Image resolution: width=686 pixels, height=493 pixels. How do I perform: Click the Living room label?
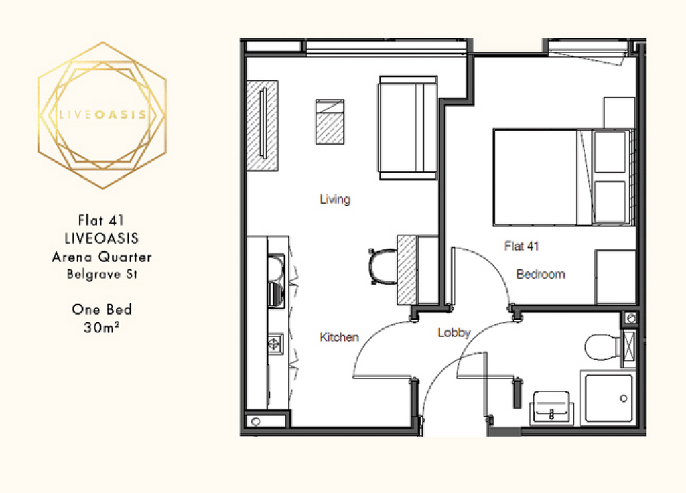pyautogui.click(x=335, y=200)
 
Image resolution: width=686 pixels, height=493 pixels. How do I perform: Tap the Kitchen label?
pyautogui.click(x=339, y=338)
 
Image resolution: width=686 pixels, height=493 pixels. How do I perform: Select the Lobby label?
pyautogui.click(x=454, y=332)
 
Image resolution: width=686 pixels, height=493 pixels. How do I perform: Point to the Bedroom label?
pyautogui.click(x=541, y=274)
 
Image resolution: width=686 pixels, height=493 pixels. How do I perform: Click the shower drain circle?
pyautogui.click(x=624, y=399)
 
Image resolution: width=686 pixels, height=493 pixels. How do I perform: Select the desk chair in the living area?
pyautogui.click(x=383, y=267)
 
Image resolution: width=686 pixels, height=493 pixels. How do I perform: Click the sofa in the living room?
pyautogui.click(x=408, y=128)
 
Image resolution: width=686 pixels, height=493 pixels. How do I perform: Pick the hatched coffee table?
pyautogui.click(x=330, y=122)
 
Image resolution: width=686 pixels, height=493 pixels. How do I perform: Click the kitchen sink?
pyautogui.click(x=276, y=281)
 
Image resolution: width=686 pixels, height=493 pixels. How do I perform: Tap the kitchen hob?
pyautogui.click(x=275, y=344)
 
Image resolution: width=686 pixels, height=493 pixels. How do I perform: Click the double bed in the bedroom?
pyautogui.click(x=564, y=177)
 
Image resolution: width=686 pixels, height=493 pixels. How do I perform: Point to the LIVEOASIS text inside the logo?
pyautogui.click(x=102, y=115)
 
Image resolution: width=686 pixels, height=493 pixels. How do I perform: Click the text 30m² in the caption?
pyautogui.click(x=102, y=327)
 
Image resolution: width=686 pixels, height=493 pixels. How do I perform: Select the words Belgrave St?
pyautogui.click(x=102, y=274)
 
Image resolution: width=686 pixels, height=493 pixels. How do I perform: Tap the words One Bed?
pyautogui.click(x=102, y=309)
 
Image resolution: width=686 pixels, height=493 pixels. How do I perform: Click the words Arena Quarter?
pyautogui.click(x=102, y=257)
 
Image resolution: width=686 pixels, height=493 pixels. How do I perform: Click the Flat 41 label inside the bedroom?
pyautogui.click(x=521, y=246)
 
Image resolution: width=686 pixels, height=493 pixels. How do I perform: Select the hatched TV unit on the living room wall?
pyautogui.click(x=263, y=125)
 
